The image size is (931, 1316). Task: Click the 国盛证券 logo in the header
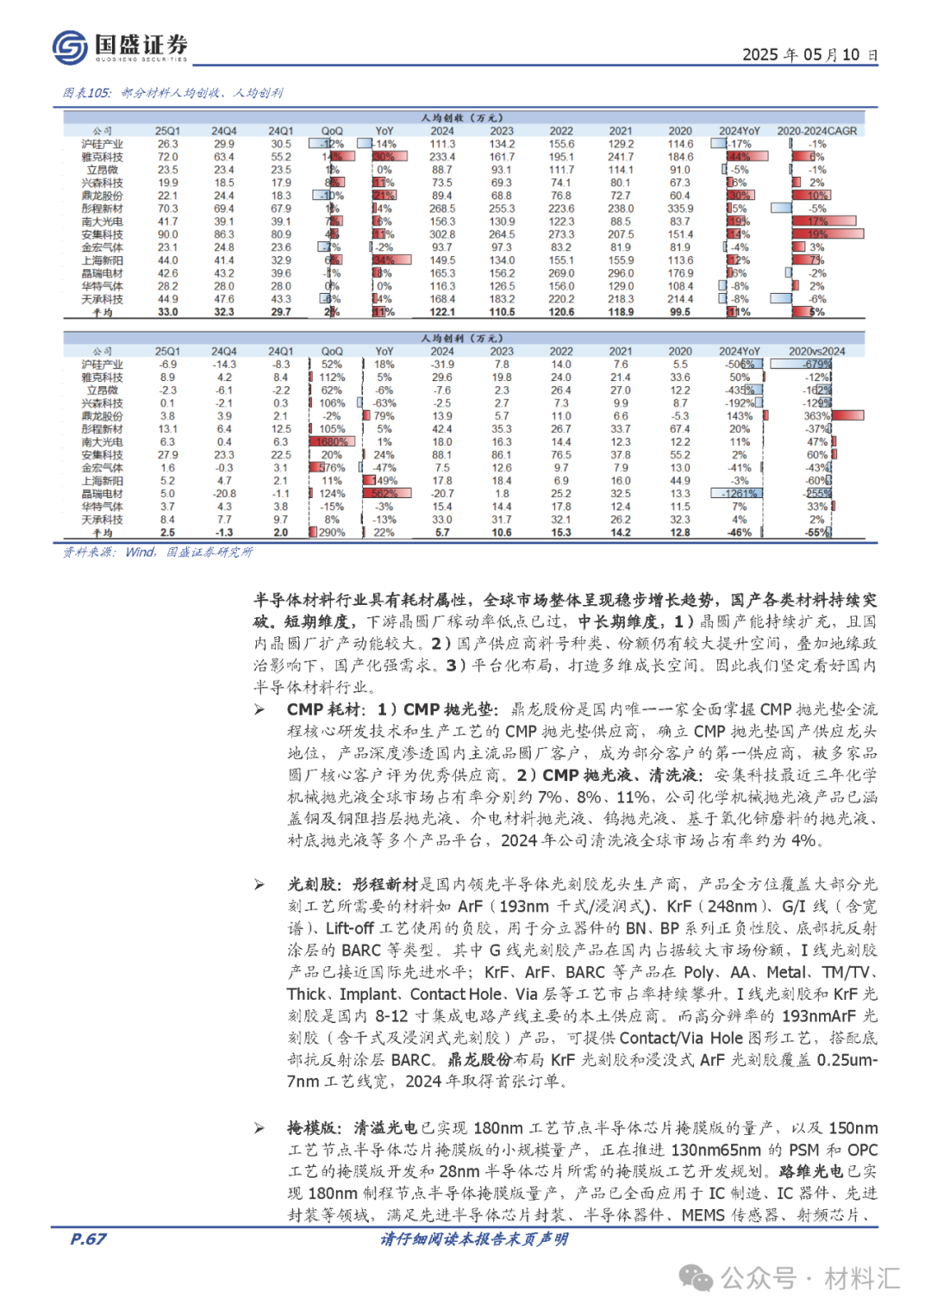click(120, 47)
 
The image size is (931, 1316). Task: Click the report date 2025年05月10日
click(809, 54)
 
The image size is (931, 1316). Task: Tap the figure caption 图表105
click(87, 93)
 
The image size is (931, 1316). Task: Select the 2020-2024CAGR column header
click(816, 131)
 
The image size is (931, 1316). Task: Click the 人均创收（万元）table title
click(462, 118)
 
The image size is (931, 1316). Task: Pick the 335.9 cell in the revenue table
click(679, 209)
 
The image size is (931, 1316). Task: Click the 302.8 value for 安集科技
click(442, 234)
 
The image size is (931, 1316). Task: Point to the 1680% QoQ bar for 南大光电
click(331, 442)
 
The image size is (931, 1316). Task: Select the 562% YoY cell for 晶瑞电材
click(384, 494)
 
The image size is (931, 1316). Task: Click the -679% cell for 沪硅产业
click(816, 365)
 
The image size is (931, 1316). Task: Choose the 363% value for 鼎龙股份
click(816, 416)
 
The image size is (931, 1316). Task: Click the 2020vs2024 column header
click(816, 352)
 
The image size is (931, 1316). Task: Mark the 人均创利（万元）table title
click(462, 339)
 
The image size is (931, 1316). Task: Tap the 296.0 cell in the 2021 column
click(620, 273)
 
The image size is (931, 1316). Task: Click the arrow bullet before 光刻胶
click(259, 885)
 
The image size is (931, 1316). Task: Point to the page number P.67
click(88, 1239)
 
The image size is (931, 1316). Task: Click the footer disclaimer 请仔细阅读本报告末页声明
click(474, 1239)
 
